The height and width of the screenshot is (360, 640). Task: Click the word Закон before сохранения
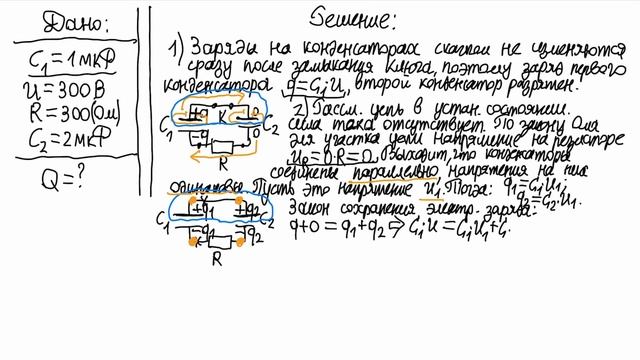(309, 208)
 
